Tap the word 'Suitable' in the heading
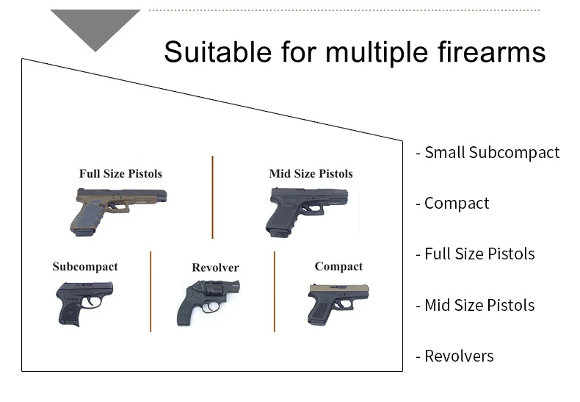214,52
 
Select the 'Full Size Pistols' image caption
120,173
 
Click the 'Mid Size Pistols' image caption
311,173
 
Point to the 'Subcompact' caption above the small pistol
85,266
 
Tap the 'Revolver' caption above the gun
215,268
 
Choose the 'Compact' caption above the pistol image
338,266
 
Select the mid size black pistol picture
307,209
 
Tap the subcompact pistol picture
84,301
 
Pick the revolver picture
207,301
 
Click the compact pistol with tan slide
337,303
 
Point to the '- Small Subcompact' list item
487,152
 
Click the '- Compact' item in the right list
452,203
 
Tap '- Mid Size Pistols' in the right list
475,305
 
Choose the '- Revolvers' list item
454,356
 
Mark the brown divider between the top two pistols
212,197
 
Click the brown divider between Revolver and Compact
275,291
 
